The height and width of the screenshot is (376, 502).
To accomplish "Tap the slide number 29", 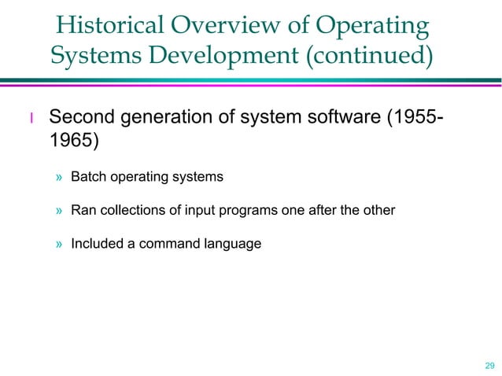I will (490, 366).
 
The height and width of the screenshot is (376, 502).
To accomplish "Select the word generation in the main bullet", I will (166, 120).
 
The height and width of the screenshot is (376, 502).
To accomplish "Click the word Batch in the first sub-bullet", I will (87, 177).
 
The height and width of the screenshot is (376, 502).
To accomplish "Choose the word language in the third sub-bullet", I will (233, 245).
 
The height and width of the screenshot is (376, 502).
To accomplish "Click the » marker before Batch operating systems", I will (59, 178).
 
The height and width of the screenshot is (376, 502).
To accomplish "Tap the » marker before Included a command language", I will (59, 245).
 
